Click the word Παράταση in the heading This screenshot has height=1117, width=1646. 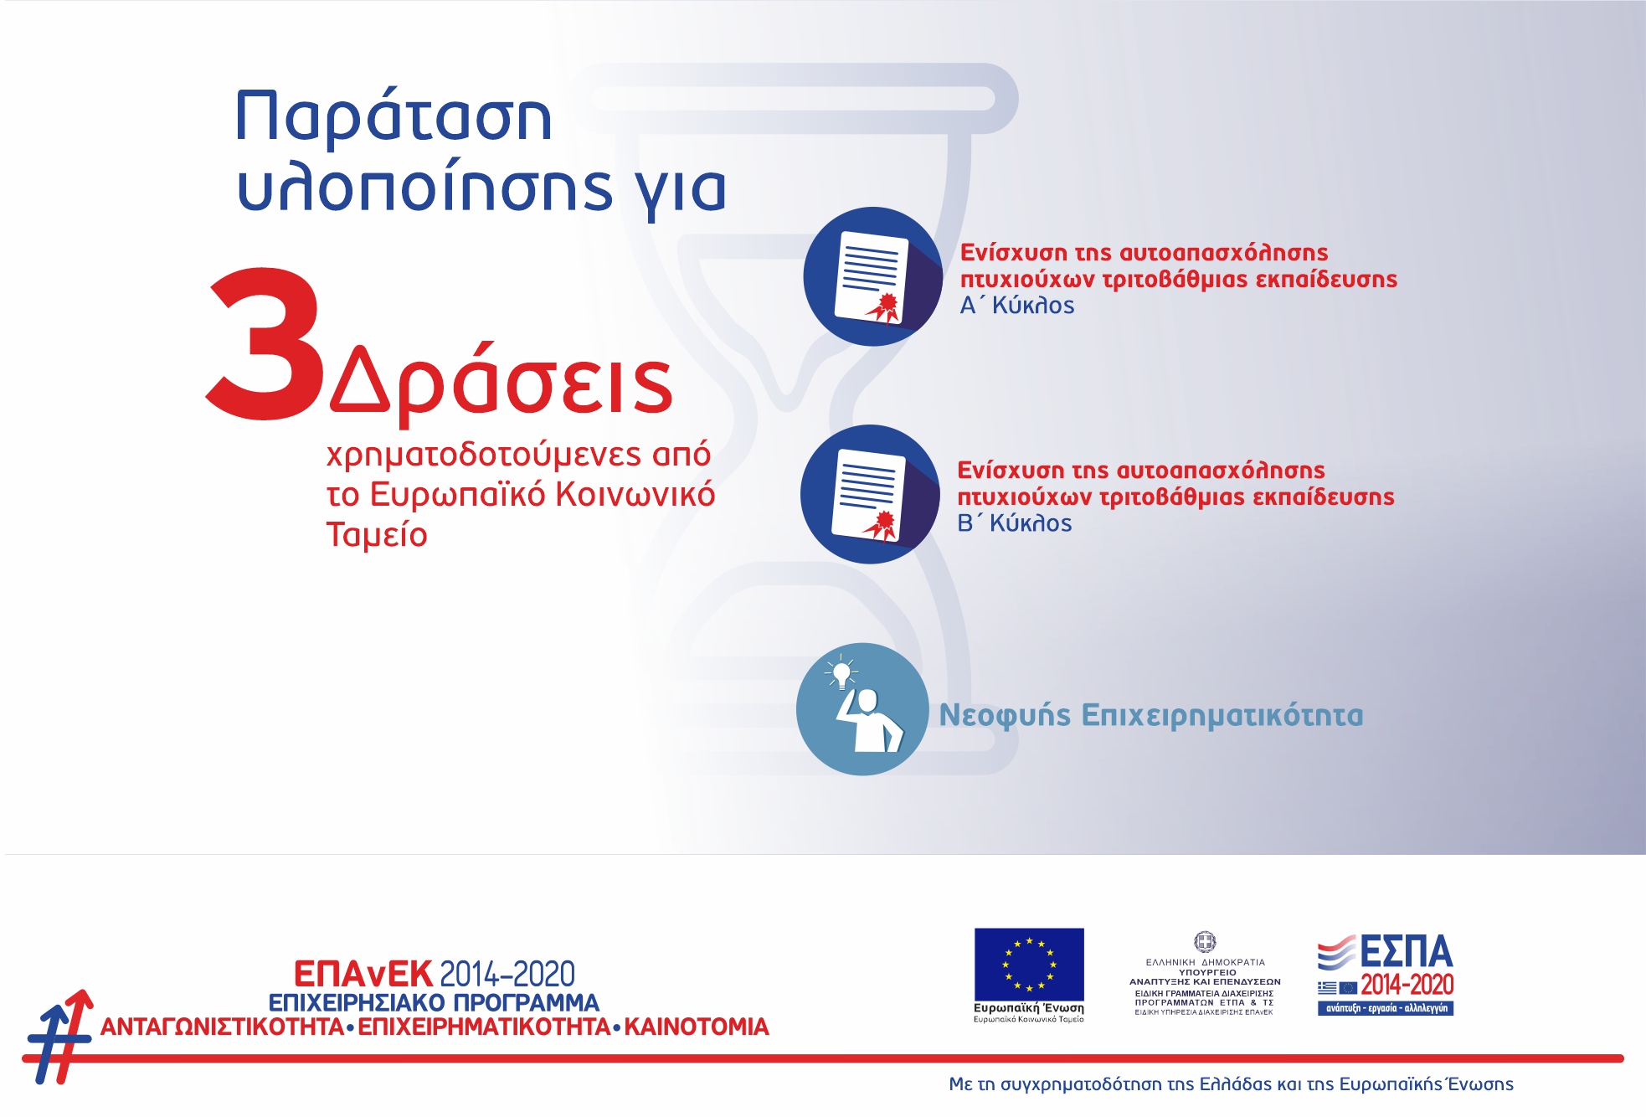[393, 117]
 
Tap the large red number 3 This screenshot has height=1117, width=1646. [264, 343]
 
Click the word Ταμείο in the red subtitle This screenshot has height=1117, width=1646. [377, 535]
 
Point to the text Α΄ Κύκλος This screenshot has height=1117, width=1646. [1016, 306]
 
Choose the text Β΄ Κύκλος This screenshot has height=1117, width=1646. [1014, 523]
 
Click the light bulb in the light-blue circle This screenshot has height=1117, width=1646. [841, 672]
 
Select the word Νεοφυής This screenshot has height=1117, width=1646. [1005, 716]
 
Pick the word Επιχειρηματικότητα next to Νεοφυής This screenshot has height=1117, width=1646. [1222, 716]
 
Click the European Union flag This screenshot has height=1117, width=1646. [1029, 964]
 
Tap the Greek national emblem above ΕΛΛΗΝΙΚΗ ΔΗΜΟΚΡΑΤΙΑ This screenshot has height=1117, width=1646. [1205, 942]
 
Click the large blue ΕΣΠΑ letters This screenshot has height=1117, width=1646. [1406, 952]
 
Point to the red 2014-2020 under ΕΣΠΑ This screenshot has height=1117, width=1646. [1407, 985]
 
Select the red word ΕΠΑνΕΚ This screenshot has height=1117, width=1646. [363, 975]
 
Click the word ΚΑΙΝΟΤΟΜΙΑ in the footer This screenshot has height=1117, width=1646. [697, 1027]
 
